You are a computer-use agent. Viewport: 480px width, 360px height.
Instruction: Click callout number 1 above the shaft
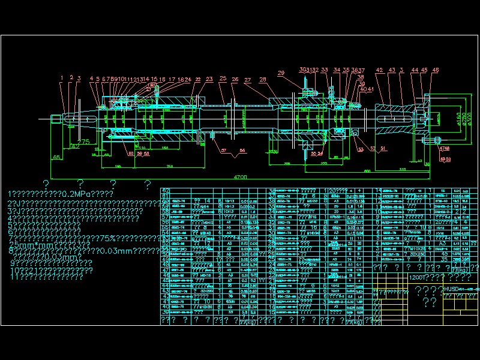(x=61, y=77)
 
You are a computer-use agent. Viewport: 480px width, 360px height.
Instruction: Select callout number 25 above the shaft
(x=223, y=79)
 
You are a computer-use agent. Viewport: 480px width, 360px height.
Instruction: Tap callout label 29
(x=281, y=73)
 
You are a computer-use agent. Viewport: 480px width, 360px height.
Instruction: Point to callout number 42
(x=379, y=70)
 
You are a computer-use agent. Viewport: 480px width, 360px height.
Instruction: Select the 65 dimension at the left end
(x=56, y=157)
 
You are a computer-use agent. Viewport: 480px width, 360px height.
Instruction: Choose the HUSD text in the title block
(x=451, y=289)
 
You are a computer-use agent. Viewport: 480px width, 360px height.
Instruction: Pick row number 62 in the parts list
(x=165, y=190)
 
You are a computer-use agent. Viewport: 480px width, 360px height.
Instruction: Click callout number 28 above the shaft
(x=263, y=79)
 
